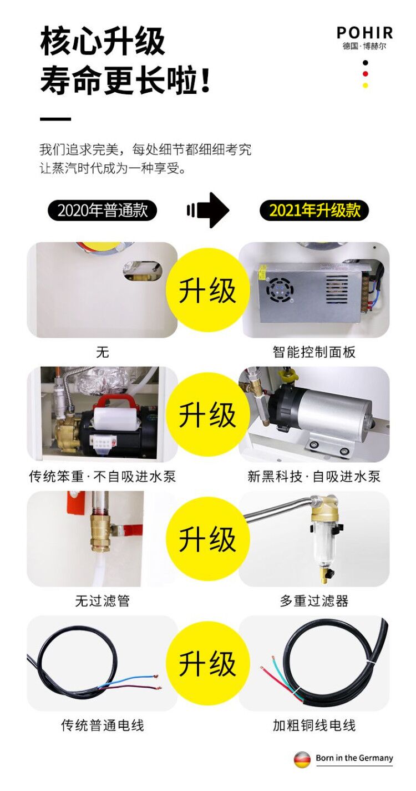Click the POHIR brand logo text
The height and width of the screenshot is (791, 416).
click(364, 33)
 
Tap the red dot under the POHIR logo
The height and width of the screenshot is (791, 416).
click(365, 74)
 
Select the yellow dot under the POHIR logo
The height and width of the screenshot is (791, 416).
click(365, 85)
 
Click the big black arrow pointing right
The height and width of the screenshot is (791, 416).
click(209, 210)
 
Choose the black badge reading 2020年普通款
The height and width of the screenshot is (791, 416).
click(102, 211)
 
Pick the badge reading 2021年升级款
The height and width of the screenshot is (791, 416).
click(314, 211)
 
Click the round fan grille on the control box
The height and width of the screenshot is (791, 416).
click(278, 289)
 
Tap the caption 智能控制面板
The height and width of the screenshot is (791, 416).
click(314, 352)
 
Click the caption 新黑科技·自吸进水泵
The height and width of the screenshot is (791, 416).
click(314, 477)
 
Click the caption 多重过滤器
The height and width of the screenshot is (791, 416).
click(314, 600)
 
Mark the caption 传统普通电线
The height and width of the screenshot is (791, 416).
click(102, 725)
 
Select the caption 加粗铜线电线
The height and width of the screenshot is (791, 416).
click(314, 725)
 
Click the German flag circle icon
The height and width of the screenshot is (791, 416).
click(302, 759)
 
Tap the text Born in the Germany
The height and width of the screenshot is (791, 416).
click(354, 758)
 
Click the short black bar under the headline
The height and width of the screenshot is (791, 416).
click(55, 119)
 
